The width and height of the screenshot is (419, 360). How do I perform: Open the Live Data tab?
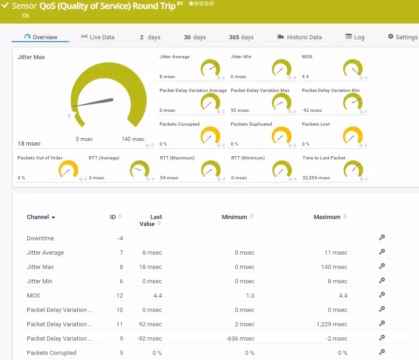(x=98, y=37)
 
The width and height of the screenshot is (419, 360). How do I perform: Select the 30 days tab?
(x=195, y=37)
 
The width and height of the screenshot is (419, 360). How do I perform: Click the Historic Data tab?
(x=299, y=37)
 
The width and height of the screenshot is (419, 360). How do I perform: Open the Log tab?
(x=355, y=37)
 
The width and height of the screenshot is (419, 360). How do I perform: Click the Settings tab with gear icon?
(x=403, y=37)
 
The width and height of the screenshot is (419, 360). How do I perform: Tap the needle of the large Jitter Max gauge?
(x=92, y=103)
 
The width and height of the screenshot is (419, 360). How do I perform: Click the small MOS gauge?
(x=353, y=68)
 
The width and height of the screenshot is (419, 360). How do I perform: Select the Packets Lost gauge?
(x=353, y=135)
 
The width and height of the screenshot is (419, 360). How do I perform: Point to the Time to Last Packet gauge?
(x=353, y=169)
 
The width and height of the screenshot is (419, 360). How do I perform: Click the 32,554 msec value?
(x=316, y=178)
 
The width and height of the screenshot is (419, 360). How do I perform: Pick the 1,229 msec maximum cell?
(x=332, y=324)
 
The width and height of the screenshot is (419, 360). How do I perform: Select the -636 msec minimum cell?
(x=240, y=339)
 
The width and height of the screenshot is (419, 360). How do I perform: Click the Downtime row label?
(x=40, y=238)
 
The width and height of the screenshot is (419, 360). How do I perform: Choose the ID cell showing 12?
(x=120, y=296)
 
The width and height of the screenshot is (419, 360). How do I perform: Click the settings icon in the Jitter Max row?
(x=382, y=266)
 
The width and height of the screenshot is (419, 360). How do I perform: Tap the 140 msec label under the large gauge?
(x=133, y=139)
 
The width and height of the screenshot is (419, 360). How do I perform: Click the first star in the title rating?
(x=191, y=4)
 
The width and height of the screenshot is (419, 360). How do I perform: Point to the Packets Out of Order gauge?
(x=68, y=169)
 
